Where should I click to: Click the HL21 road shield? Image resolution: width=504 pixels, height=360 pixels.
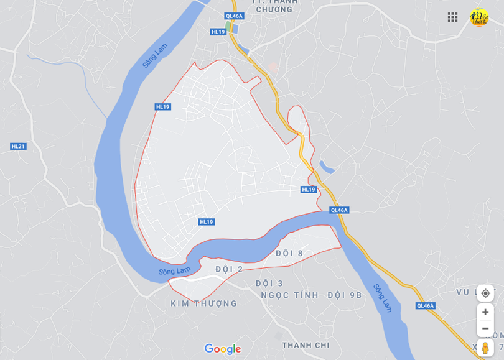(x=18, y=146)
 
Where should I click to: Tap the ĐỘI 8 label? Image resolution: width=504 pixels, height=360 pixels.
(x=289, y=253)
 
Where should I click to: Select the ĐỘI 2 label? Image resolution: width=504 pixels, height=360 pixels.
(x=229, y=269)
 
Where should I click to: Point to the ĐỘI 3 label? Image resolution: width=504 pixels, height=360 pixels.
(x=269, y=284)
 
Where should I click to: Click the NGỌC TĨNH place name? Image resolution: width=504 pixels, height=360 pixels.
(x=289, y=295)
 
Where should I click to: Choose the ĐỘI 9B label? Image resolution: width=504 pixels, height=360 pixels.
(x=343, y=295)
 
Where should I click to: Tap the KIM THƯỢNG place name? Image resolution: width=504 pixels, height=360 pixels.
(x=203, y=303)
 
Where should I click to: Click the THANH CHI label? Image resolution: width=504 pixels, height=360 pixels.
(x=306, y=345)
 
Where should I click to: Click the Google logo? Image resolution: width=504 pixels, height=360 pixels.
(x=222, y=349)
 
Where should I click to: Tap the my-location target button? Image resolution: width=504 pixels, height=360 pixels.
(x=485, y=293)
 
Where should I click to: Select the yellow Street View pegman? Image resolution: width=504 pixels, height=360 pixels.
(x=485, y=348)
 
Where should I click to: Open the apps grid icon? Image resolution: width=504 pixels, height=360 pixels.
(x=452, y=17)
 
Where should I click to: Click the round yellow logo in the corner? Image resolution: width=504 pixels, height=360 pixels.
(x=478, y=17)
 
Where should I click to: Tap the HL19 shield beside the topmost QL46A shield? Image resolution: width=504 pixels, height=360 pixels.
(x=218, y=32)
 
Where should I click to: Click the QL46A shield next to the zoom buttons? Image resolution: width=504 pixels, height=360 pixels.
(x=426, y=305)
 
